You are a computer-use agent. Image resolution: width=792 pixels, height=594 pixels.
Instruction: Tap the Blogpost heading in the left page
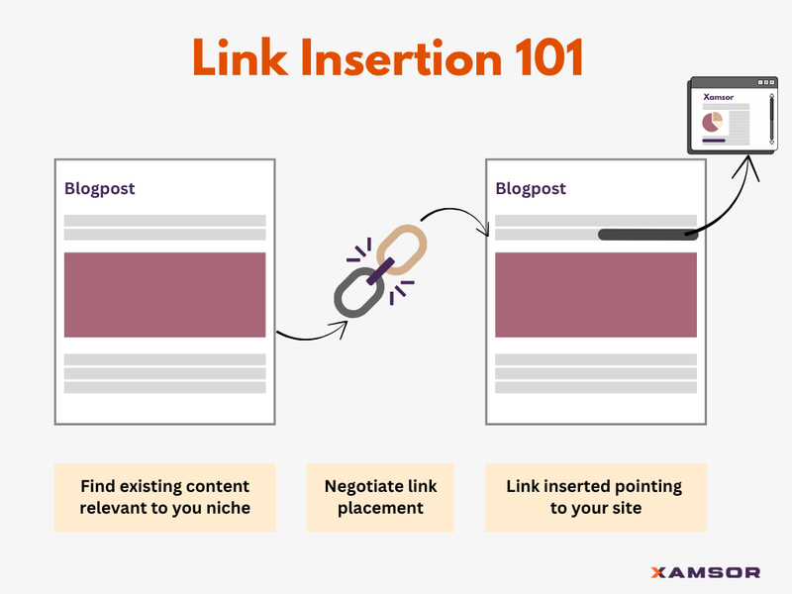click(99, 188)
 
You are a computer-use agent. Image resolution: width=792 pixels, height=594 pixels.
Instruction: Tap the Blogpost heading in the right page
click(531, 188)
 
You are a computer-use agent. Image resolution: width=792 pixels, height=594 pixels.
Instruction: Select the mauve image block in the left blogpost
click(164, 294)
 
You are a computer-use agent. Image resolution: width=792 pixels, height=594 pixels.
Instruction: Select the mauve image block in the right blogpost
click(595, 294)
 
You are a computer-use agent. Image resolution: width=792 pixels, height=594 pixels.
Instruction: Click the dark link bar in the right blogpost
click(648, 235)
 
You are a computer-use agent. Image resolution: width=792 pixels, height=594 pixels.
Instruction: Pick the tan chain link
click(401, 247)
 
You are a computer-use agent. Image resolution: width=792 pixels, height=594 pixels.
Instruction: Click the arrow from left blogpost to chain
click(310, 335)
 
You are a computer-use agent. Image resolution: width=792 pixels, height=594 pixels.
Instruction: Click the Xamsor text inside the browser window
click(718, 97)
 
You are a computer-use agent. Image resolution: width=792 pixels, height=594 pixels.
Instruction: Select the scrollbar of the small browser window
click(770, 119)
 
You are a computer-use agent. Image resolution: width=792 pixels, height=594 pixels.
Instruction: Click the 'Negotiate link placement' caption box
click(380, 497)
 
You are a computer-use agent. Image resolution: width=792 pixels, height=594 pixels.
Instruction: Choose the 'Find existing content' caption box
click(164, 497)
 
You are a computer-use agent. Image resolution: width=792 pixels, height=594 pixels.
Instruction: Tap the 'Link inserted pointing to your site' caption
click(595, 497)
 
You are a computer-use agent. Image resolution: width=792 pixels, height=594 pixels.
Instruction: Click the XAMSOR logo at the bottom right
click(706, 572)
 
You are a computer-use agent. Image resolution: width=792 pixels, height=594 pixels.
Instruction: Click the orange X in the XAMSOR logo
click(658, 572)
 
